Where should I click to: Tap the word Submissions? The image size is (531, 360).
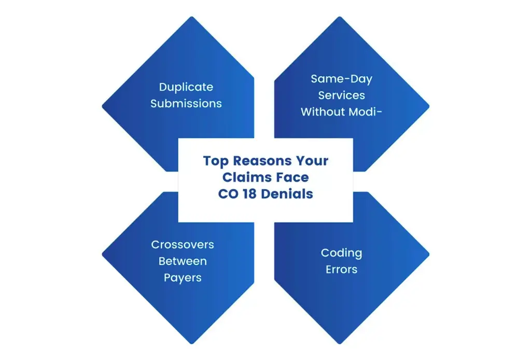coord(186,103)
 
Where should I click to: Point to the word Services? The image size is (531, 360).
coord(341,95)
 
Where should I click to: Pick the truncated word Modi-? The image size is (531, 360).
coord(365,112)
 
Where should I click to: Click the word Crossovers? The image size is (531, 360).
coord(183,244)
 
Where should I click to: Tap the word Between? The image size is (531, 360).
coord(183,261)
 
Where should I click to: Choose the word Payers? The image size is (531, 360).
coord(183,278)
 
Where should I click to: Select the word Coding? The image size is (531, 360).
coord(341,253)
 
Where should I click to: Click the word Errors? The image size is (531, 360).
coord(341,270)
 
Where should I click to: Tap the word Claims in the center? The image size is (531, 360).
coord(244,178)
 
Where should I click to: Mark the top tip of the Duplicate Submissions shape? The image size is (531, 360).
coord(192,17)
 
